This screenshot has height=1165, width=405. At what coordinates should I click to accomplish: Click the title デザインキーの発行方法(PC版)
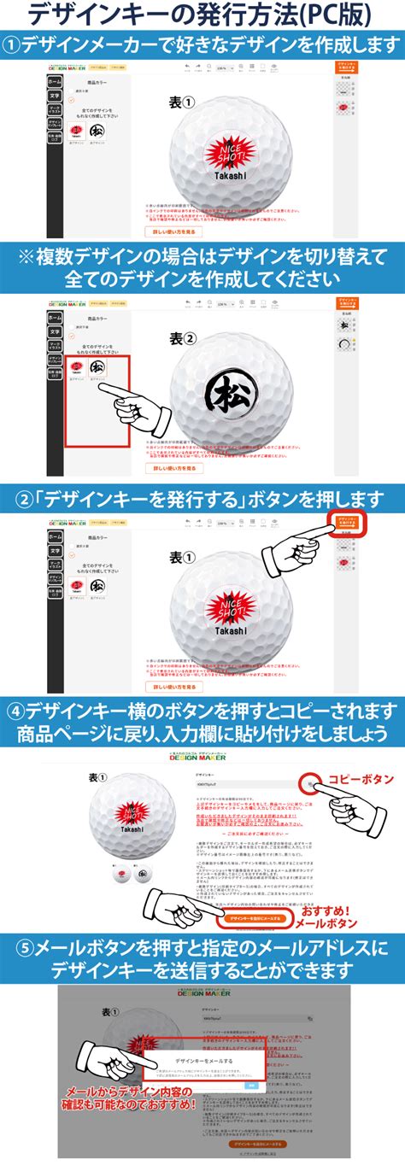point(202,15)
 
